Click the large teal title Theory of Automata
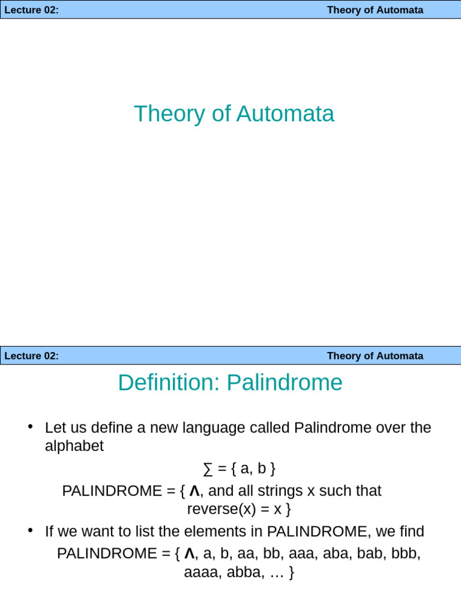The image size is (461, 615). click(x=234, y=114)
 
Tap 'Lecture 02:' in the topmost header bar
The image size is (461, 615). click(x=32, y=10)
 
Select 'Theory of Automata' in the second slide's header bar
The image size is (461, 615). click(x=375, y=356)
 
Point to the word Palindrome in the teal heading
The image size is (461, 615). click(x=285, y=383)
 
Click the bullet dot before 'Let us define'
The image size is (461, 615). click(x=30, y=426)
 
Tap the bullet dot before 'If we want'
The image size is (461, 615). click(x=30, y=530)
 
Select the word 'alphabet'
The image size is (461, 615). click(x=74, y=446)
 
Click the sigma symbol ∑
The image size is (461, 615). click(x=208, y=468)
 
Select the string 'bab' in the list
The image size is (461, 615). click(x=370, y=553)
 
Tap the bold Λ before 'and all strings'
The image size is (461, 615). click(x=194, y=491)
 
